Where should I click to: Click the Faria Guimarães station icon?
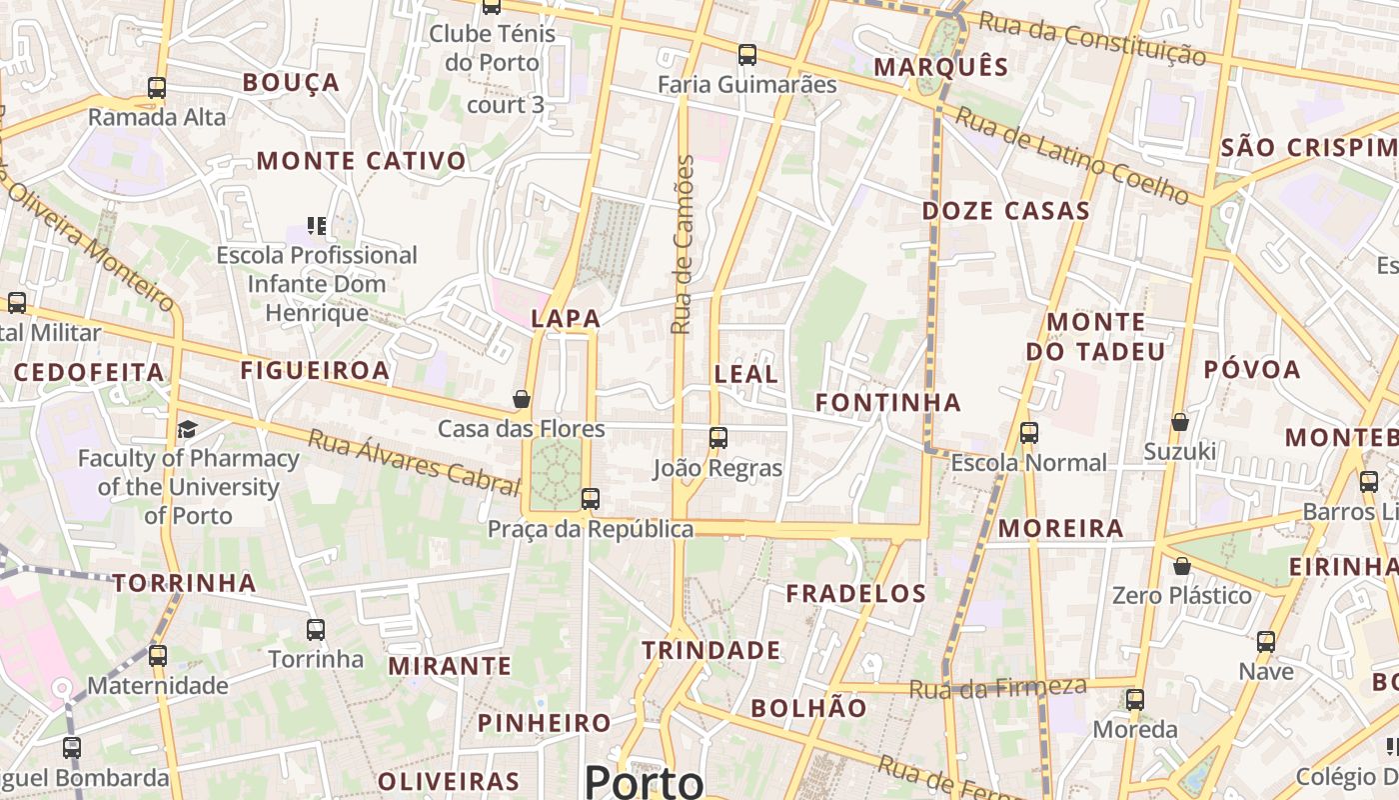click(x=747, y=55)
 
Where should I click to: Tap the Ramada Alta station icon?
click(x=157, y=88)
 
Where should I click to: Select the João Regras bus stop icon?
click(x=717, y=437)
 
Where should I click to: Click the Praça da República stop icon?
click(x=591, y=498)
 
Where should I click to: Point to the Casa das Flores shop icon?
click(x=522, y=399)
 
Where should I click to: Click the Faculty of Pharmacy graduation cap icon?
click(x=187, y=429)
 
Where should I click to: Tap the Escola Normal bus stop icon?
click(x=1029, y=433)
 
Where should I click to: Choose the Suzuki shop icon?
click(x=1180, y=422)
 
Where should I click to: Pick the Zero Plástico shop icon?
click(x=1182, y=566)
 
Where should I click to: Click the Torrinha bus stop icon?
click(x=316, y=629)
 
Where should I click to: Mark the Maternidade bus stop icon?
click(x=158, y=656)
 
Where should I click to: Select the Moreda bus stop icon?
click(x=1135, y=699)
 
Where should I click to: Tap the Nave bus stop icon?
click(x=1266, y=641)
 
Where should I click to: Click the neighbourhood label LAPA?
click(x=566, y=319)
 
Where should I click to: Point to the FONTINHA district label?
click(x=888, y=403)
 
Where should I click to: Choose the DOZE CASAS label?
click(x=1005, y=211)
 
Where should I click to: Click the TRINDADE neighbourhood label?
click(x=711, y=651)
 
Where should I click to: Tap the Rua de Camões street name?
click(x=683, y=244)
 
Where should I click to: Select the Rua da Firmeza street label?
click(x=997, y=688)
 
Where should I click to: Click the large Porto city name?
click(x=645, y=780)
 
